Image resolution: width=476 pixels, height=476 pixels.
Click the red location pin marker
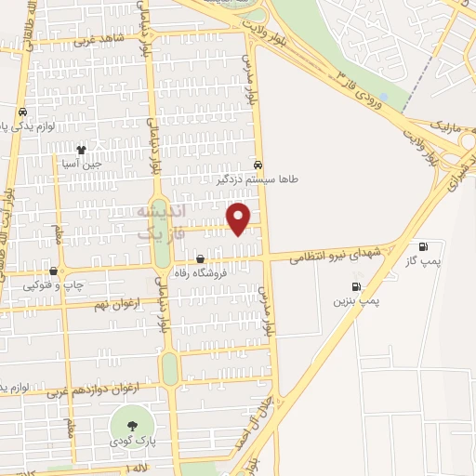coord(240,218)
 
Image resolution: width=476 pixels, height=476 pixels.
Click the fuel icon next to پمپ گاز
coord(424,246)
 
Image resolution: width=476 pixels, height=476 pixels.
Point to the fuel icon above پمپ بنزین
coord(355,287)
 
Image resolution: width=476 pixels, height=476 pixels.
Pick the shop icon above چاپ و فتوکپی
coord(53,271)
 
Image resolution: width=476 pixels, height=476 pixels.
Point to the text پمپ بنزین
coord(355,302)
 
